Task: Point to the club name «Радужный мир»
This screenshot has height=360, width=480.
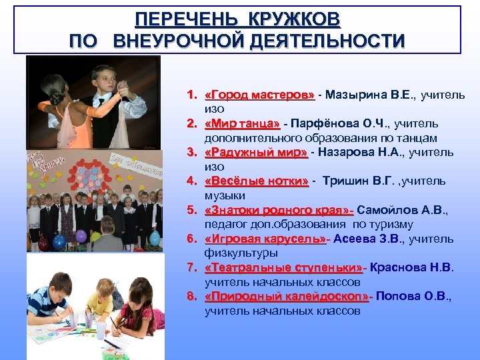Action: tap(256, 153)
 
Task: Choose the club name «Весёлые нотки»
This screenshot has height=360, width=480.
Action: tap(257, 181)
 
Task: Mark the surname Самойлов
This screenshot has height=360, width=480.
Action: tap(384, 210)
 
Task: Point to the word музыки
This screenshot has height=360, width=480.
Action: tap(225, 195)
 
